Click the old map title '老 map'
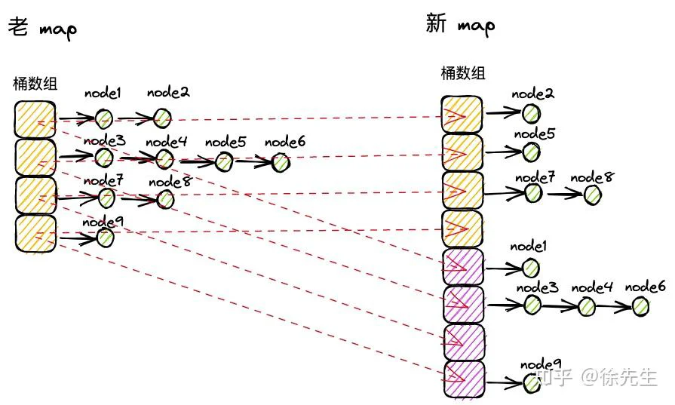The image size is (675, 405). tap(43, 28)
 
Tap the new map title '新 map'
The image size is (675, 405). tap(460, 24)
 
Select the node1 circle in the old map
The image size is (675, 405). tap(104, 118)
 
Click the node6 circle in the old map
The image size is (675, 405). tap(281, 163)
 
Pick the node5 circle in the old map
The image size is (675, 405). tap(224, 162)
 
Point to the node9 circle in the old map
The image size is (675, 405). tap(105, 237)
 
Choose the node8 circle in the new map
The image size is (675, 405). tap(592, 195)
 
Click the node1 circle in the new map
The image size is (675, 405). tap(530, 268)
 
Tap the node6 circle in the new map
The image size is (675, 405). tap(640, 306)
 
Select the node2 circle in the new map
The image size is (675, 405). tap(531, 114)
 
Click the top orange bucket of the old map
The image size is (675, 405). tap(35, 120)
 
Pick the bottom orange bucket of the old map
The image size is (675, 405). tap(35, 234)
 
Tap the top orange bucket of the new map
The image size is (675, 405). tap(462, 115)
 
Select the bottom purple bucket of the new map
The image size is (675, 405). tap(464, 379)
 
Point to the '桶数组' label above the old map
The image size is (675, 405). tap(35, 84)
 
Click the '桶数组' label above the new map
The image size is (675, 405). tap(463, 72)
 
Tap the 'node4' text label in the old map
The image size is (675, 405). tap(166, 142)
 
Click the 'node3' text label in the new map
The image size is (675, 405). tap(537, 287)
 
